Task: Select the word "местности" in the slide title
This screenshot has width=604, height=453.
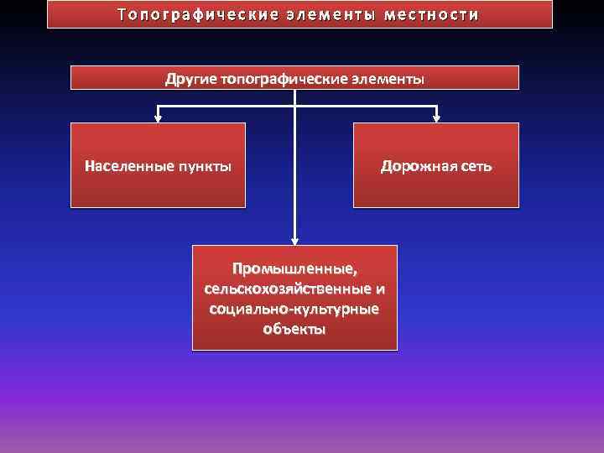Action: pos(433,15)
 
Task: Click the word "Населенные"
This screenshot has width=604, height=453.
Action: pos(128,165)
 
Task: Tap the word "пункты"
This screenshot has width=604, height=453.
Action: pos(204,165)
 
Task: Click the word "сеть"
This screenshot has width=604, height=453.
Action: pos(476,165)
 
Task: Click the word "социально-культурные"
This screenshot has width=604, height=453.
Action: pos(294,309)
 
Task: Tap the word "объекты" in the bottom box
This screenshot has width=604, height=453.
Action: pos(294,329)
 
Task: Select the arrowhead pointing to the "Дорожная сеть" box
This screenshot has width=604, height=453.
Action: pos(436,117)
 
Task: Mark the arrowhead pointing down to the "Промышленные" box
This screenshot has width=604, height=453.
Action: pos(294,239)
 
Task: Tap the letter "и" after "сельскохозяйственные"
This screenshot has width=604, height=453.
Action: pos(381,289)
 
